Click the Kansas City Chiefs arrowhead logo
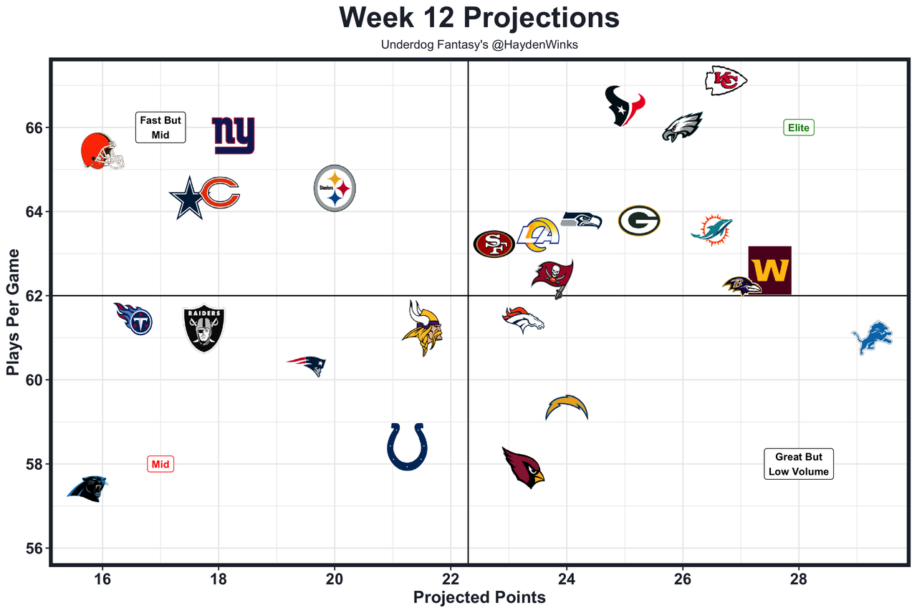click(726, 80)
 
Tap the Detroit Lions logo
click(873, 339)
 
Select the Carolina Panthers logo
click(88, 489)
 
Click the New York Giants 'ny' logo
click(234, 136)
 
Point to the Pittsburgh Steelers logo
click(335, 188)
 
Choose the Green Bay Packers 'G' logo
click(639, 221)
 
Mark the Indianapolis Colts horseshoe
click(407, 447)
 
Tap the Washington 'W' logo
click(769, 270)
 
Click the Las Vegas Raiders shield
click(204, 329)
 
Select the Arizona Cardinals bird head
click(523, 467)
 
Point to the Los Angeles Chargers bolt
click(567, 407)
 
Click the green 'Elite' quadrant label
click(799, 128)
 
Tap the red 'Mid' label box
click(160, 464)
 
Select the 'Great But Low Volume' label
click(799, 464)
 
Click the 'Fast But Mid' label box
click(160, 127)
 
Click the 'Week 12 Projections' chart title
click(479, 18)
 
